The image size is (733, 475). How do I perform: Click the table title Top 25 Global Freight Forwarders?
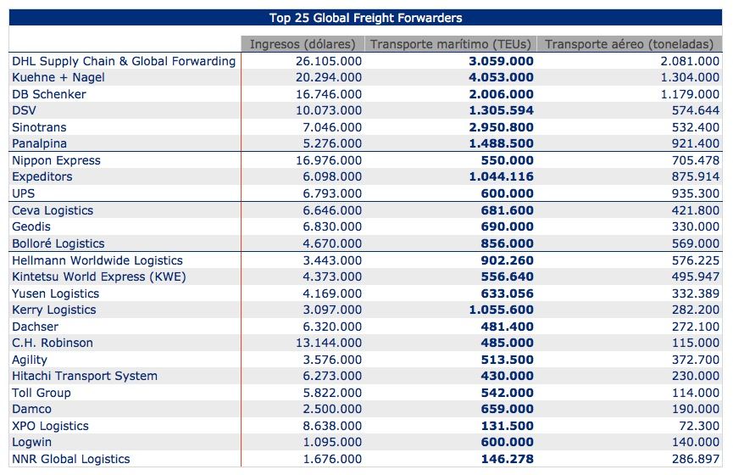point(365,18)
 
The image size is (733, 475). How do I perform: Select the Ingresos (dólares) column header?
point(303,44)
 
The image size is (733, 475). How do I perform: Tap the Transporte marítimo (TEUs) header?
point(451,44)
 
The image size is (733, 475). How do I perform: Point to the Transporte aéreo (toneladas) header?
point(629,44)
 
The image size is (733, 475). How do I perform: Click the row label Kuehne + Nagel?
point(58,77)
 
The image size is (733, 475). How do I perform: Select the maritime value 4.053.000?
point(501,77)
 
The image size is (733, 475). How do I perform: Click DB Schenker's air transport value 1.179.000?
point(690,94)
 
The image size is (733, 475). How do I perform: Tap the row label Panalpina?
point(39,143)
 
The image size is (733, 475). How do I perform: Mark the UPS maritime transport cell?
point(508,193)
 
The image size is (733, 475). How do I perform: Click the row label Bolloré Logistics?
point(58,243)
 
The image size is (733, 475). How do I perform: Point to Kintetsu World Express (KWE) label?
point(98,277)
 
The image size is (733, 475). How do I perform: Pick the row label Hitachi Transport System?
point(85,376)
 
